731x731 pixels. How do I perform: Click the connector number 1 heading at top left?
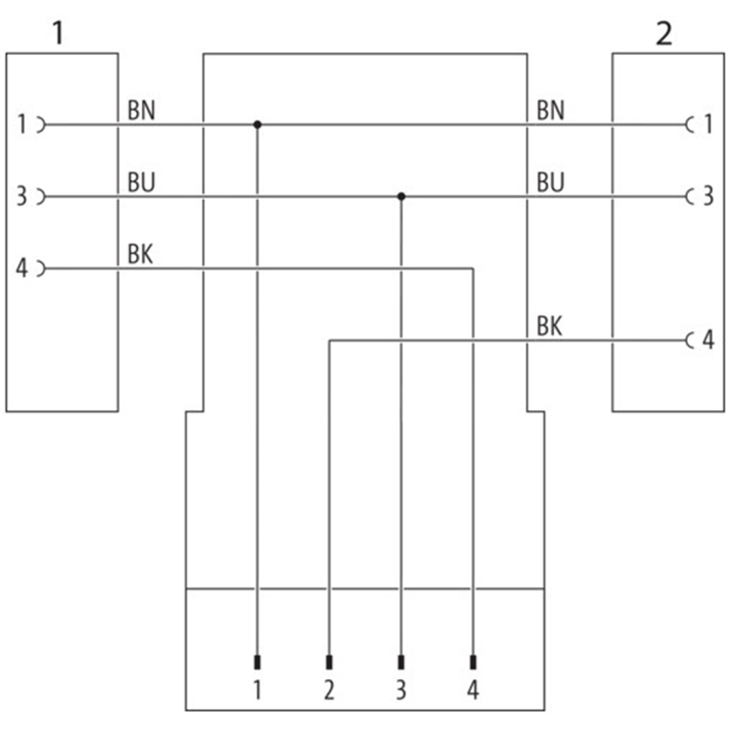tap(58, 34)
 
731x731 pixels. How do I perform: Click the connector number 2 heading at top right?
tap(664, 34)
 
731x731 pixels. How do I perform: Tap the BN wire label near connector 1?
tap(142, 111)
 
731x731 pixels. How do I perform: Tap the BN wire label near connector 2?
tap(550, 111)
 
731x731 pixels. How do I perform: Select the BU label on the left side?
tap(142, 183)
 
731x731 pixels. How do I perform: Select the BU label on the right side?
tap(550, 183)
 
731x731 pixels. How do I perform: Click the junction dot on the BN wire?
tap(258, 124)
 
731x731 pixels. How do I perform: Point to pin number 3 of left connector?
tap(22, 196)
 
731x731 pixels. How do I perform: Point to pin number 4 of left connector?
tap(22, 269)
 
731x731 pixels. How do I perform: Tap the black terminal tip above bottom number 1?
tap(258, 662)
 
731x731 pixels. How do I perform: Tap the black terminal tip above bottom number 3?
tap(401, 662)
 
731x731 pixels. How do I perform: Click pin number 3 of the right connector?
tap(706, 196)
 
